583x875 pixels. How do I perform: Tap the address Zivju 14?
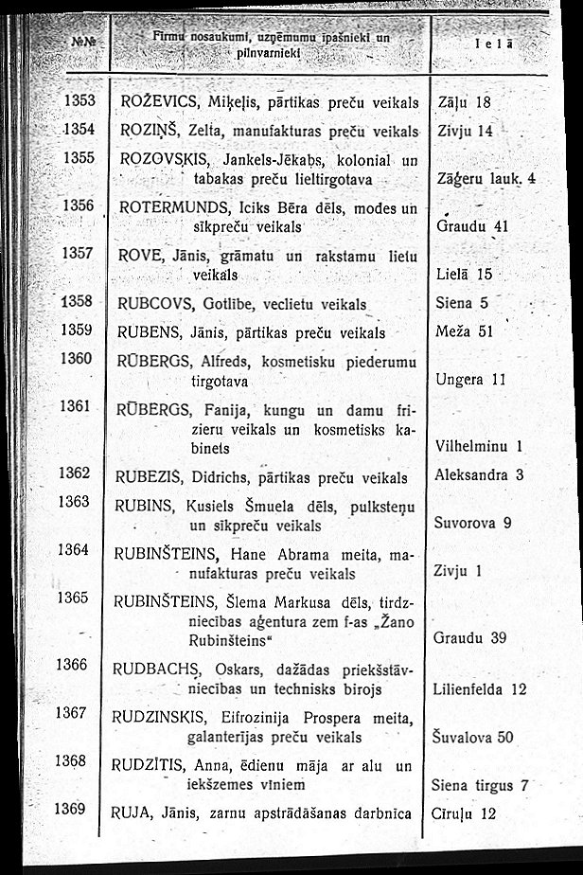[x=468, y=131]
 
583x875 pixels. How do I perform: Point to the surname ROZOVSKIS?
[x=162, y=157]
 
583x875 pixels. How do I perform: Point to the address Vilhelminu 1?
[x=480, y=445]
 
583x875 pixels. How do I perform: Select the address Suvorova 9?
[x=472, y=522]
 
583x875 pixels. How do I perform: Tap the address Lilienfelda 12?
[x=479, y=689]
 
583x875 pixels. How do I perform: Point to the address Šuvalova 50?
[x=472, y=737]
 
